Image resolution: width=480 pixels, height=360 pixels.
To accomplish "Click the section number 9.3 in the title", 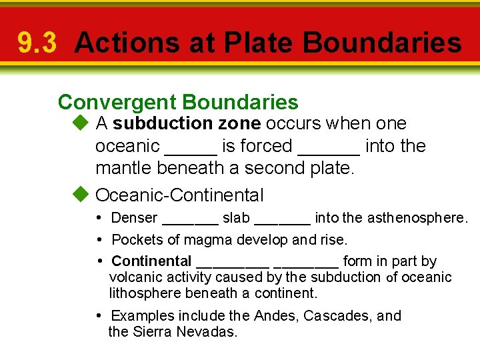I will tap(38, 43).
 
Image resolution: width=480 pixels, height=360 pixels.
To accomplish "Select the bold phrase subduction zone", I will tap(187, 123).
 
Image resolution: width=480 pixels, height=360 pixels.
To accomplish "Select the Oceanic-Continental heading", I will tap(180, 195).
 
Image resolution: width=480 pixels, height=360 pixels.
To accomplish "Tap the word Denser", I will tap(134, 218).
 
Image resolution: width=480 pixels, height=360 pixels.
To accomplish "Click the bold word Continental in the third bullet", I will tap(151, 261).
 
